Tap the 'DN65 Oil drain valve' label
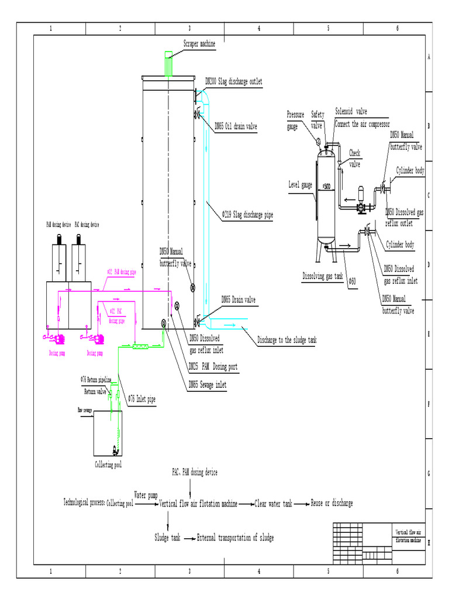click(236, 126)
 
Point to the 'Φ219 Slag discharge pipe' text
click(247, 215)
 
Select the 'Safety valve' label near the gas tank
click(317, 120)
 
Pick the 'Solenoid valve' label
click(351, 111)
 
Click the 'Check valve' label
click(355, 158)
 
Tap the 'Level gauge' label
click(301, 184)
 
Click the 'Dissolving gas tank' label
click(322, 276)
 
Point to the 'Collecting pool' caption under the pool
click(109, 465)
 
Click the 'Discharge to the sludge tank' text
click(286, 340)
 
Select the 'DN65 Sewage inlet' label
click(207, 384)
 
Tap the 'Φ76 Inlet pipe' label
click(144, 400)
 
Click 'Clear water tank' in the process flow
click(273, 504)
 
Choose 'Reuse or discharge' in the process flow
click(331, 504)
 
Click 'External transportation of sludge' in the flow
click(235, 538)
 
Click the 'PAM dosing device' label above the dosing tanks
click(58, 225)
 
